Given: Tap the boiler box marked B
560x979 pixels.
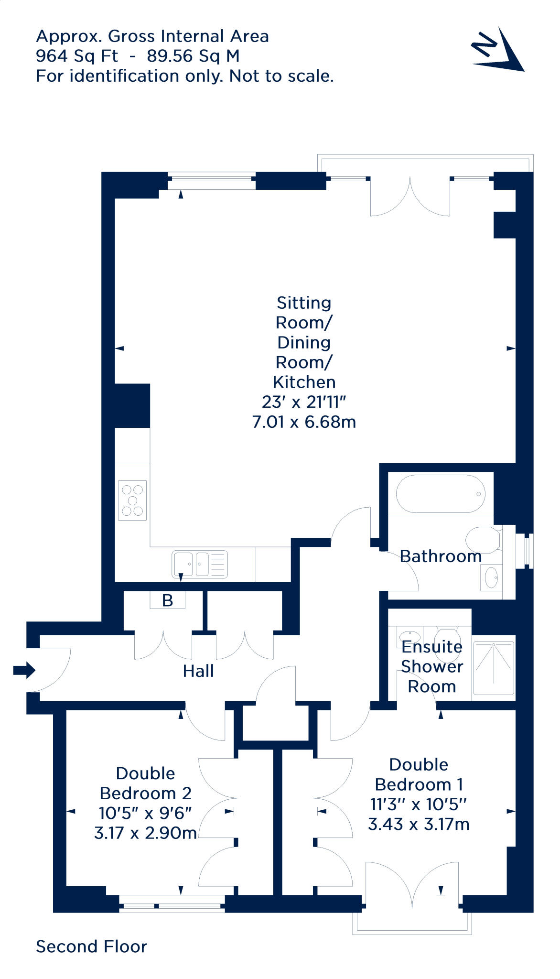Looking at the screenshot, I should [x=167, y=600].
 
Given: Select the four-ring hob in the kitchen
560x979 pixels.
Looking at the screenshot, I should [x=132, y=500].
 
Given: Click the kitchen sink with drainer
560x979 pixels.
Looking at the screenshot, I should [x=200, y=564].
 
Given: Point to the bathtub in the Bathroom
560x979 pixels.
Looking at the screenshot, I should [x=440, y=494].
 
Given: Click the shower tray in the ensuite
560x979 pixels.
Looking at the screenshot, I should [x=494, y=668].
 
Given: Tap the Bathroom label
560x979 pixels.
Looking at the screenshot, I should [x=441, y=556].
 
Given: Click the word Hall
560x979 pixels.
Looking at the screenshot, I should [x=198, y=671].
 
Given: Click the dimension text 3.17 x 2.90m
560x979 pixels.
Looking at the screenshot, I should [x=145, y=833].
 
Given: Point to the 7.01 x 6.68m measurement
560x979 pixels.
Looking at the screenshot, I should [x=304, y=422].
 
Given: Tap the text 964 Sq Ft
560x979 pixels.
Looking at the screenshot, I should [x=77, y=56].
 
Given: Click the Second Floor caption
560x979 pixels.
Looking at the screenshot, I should [x=91, y=946].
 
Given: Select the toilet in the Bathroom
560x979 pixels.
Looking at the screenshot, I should [x=483, y=540].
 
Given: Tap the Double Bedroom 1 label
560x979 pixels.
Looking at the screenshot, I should [x=419, y=774].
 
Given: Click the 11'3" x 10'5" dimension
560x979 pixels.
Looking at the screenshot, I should [x=419, y=805].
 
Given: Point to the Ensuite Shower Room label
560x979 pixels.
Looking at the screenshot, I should [x=432, y=666].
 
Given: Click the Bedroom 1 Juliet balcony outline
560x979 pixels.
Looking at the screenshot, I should [x=412, y=930].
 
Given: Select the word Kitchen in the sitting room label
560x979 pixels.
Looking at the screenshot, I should [x=304, y=382].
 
